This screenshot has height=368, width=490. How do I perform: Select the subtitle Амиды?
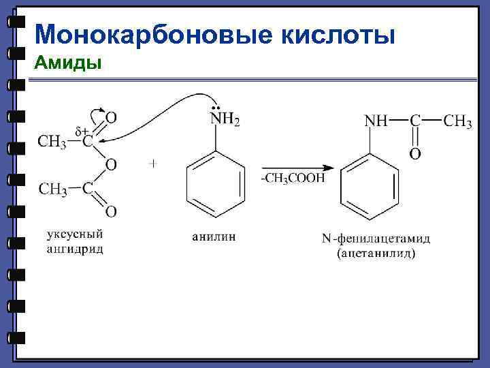[x=68, y=64]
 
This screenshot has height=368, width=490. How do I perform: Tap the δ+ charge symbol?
[x=82, y=131]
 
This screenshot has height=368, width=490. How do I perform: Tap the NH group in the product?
[x=377, y=121]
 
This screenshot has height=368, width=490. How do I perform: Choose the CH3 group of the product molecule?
[x=458, y=121]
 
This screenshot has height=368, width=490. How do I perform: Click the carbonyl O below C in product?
[x=414, y=155]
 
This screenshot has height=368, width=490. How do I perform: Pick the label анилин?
[x=214, y=236]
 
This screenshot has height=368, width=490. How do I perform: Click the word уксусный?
[x=74, y=235]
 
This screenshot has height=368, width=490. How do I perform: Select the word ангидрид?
[x=75, y=249]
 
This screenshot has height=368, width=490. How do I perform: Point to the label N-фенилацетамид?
[x=376, y=239]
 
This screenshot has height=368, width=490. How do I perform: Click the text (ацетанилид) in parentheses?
[x=376, y=254]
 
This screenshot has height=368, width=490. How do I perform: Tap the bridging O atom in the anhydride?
[x=110, y=164]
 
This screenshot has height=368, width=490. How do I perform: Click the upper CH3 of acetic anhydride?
[x=52, y=142]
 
